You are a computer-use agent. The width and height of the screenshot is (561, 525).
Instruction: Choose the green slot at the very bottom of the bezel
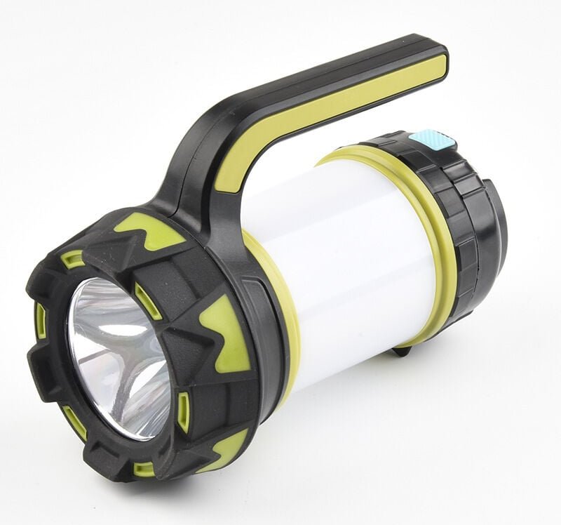[x=144, y=468]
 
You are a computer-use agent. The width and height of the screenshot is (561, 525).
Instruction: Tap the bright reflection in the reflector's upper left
[x=95, y=309]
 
